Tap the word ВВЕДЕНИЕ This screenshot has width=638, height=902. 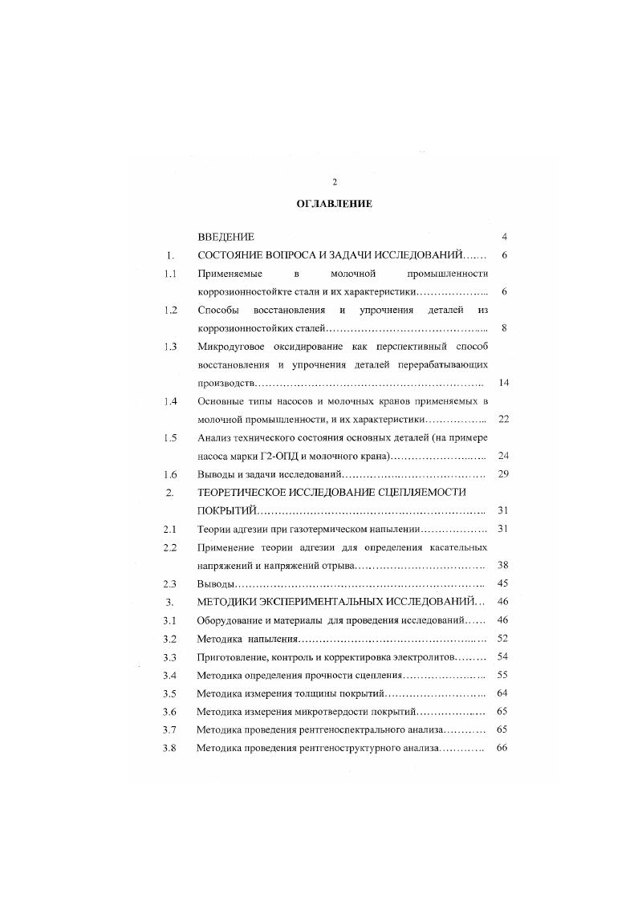pyautogui.click(x=226, y=237)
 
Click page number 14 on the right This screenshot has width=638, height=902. pyautogui.click(x=504, y=383)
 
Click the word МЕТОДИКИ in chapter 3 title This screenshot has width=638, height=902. pyautogui.click(x=234, y=602)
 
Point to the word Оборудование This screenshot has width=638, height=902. pyautogui.click(x=233, y=620)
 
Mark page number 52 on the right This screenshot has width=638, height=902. pyautogui.click(x=504, y=639)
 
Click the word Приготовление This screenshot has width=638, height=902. pyautogui.click(x=235, y=656)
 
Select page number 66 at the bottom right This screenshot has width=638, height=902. pyautogui.click(x=504, y=748)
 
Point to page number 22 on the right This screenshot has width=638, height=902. pyautogui.click(x=504, y=419)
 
